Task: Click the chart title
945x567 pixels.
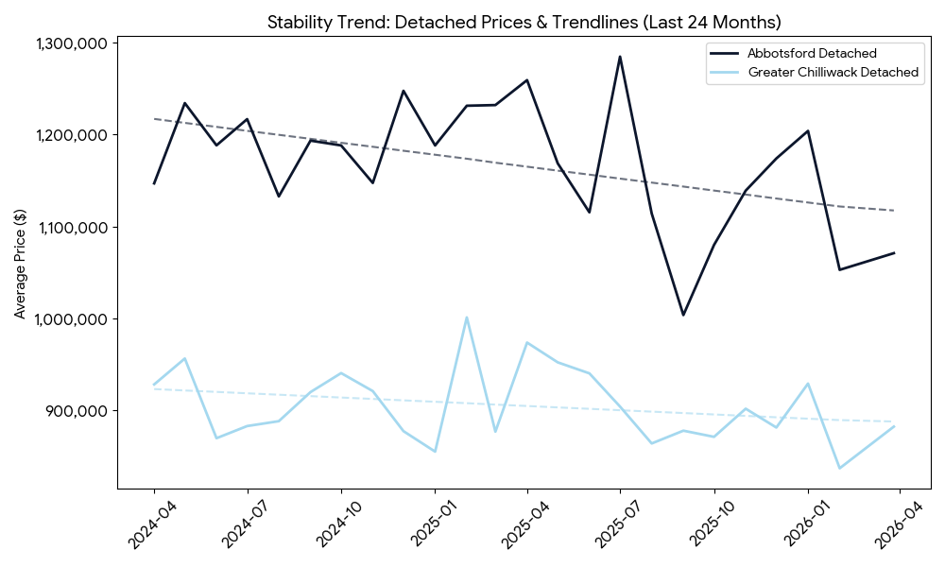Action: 524,22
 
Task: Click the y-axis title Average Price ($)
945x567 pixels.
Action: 20,265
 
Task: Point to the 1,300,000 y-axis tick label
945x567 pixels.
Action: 71,43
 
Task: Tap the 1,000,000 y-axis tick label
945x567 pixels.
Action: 71,319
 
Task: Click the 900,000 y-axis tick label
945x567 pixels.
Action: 77,411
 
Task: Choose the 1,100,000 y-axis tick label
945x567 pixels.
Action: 71,228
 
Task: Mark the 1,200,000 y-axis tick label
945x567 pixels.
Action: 71,135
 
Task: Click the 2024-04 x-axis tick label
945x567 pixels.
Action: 142,525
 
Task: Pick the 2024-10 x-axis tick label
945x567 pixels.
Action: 328,525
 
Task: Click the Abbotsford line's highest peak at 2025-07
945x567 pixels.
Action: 620,57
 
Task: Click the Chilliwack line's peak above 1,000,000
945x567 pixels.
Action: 466,318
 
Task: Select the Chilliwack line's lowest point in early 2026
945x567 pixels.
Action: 838,468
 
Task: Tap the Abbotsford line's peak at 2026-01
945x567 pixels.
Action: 807,131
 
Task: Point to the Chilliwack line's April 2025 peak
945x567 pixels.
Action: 526,342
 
